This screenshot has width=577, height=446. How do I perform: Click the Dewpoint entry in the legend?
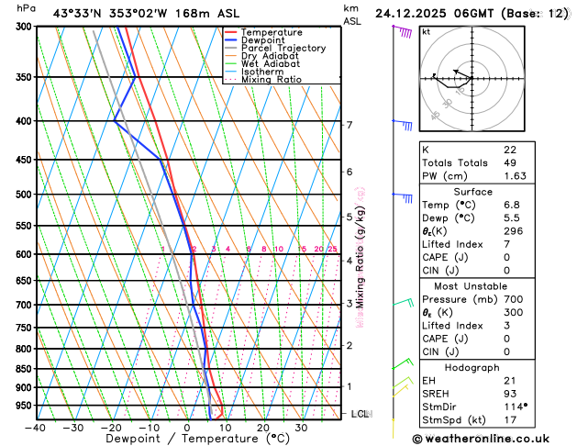pyautogui.click(x=268, y=40)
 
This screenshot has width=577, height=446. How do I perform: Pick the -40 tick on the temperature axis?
pyautogui.click(x=36, y=427)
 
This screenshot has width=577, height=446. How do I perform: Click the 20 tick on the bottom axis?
pyautogui.click(x=263, y=427)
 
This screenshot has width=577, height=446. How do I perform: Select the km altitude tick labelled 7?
pyautogui.click(x=349, y=125)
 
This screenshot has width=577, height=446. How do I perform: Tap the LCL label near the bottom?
pyautogui.click(x=361, y=414)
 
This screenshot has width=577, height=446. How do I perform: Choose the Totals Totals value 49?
pyautogui.click(x=510, y=162)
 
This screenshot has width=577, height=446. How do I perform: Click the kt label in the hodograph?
pyautogui.click(x=427, y=31)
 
